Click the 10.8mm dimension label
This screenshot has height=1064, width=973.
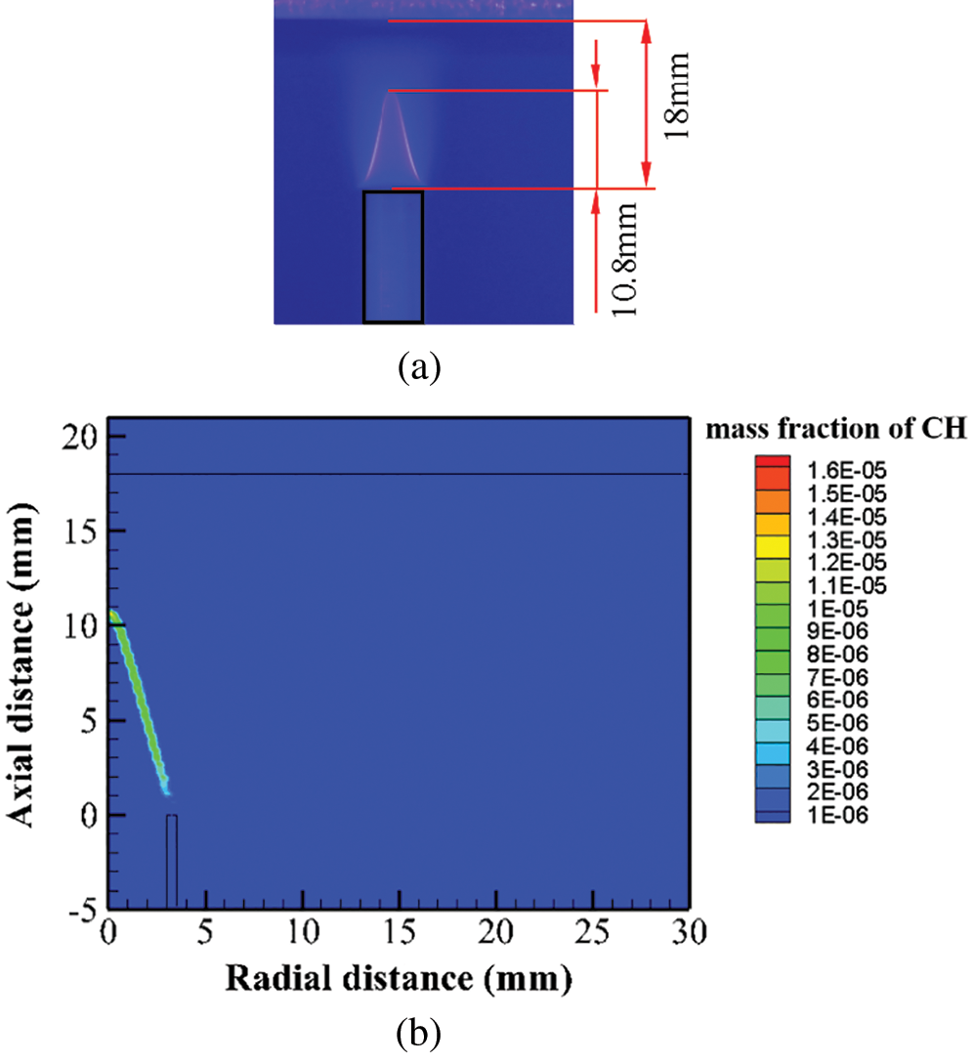click(x=622, y=258)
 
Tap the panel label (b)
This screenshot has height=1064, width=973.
click(x=421, y=1033)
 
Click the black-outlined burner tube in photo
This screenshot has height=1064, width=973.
click(x=393, y=256)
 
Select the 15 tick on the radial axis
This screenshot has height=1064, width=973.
click(x=399, y=932)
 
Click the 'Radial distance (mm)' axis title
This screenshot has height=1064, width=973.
click(x=399, y=978)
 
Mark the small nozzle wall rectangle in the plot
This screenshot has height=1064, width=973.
click(x=172, y=860)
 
